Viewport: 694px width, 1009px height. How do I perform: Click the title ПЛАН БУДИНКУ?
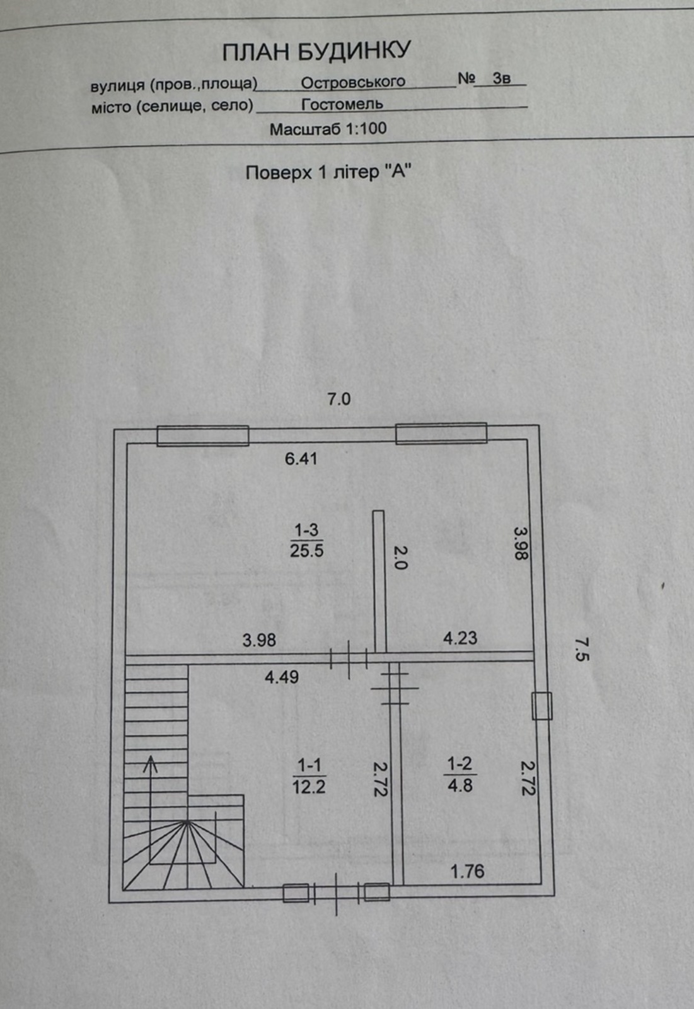tap(316, 51)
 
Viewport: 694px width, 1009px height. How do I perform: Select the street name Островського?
tap(353, 83)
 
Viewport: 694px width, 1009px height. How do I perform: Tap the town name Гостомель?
tap(342, 105)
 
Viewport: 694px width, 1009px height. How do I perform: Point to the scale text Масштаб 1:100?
tap(328, 129)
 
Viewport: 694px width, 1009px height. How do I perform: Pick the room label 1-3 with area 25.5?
tap(307, 540)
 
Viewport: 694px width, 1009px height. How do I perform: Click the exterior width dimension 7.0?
tap(338, 399)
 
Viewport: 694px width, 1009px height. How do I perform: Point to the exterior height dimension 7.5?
tap(582, 649)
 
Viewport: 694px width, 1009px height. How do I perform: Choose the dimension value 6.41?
tap(301, 459)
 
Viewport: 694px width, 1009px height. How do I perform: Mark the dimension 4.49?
tap(282, 677)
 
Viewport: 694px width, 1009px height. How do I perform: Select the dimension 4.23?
tap(460, 638)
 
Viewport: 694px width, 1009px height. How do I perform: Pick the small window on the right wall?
tap(542, 706)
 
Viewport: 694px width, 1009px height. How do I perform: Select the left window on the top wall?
tap(203, 436)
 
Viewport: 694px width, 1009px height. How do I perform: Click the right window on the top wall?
tap(441, 433)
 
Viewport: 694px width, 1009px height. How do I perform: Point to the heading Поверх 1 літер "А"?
tap(329, 173)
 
